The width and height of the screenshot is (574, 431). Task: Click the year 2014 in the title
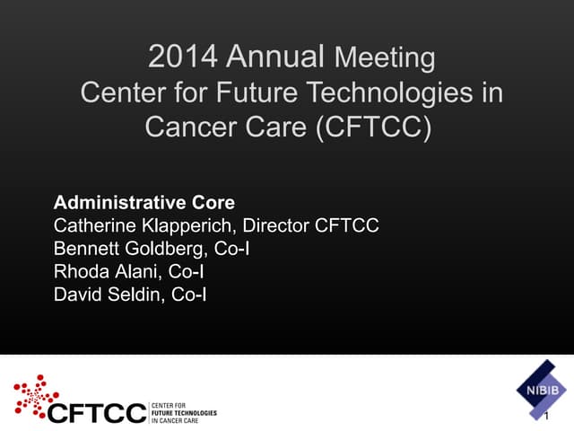point(184,57)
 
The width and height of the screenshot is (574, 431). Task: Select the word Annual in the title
point(275,57)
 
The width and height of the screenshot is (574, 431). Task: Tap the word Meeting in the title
point(384,59)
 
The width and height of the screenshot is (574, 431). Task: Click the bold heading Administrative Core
point(144,202)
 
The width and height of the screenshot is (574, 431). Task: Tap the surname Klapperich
point(188,226)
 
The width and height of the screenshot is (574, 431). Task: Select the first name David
point(78,294)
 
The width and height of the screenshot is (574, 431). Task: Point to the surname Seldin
point(135,294)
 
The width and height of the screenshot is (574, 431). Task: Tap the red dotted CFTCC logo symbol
point(37,394)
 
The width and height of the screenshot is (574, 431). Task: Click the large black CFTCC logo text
point(96,412)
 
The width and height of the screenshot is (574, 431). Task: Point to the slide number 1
point(546,417)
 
